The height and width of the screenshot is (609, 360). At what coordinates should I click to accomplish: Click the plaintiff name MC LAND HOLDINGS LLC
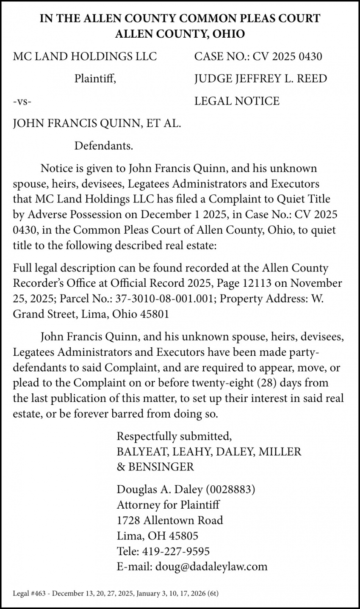tap(85, 56)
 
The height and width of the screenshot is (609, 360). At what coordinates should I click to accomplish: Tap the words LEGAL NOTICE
tap(237, 101)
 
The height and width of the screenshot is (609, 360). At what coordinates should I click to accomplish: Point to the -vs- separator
tap(22, 102)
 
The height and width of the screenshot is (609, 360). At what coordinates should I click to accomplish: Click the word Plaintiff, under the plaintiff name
tap(95, 79)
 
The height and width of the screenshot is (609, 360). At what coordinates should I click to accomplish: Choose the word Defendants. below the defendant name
tap(104, 147)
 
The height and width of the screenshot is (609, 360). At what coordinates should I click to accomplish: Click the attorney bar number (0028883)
tap(230, 490)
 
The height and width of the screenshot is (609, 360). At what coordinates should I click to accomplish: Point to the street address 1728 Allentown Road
tap(170, 520)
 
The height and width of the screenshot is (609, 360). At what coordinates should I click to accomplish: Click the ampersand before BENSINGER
tap(120, 467)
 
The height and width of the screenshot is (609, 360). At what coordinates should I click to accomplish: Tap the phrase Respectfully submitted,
tap(174, 436)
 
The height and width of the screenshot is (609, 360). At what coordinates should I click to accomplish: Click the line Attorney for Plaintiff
tap(168, 505)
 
